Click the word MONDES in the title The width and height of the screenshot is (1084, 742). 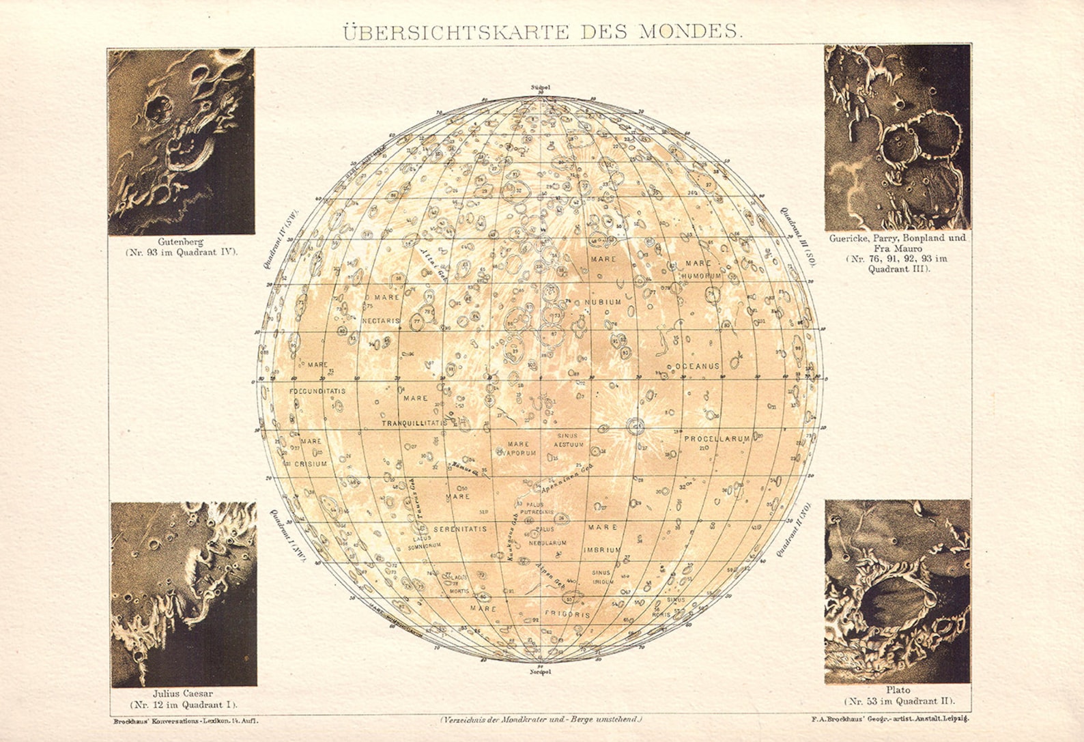[689, 31]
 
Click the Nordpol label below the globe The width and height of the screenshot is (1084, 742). [540, 672]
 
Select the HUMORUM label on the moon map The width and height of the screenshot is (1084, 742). [701, 276]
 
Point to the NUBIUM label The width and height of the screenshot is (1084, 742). [603, 302]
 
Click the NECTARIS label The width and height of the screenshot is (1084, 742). [381, 320]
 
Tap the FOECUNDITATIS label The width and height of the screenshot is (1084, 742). [317, 391]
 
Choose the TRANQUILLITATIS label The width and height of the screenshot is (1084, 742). [414, 423]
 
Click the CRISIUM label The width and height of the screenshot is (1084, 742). [311, 463]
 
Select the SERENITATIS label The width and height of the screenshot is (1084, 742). [461, 529]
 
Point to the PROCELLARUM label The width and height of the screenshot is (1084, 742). [717, 439]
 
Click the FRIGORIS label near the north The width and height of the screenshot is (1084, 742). [567, 614]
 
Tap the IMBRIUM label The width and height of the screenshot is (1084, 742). [602, 550]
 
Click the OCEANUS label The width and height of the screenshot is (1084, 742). [698, 367]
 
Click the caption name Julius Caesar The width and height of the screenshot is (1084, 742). [183, 694]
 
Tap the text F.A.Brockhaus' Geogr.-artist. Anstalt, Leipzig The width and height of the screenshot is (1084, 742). [890, 719]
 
